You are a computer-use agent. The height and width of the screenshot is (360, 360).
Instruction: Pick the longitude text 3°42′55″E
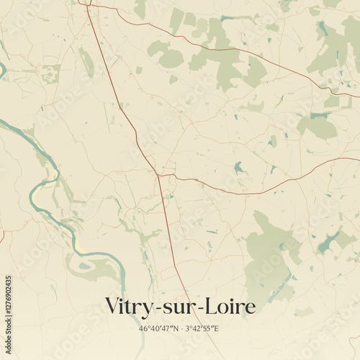pyautogui.click(x=202, y=329)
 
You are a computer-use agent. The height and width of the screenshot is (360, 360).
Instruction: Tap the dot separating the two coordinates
pyautogui.click(x=181, y=329)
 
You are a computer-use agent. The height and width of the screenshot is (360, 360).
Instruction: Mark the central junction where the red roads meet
pyautogui.click(x=158, y=175)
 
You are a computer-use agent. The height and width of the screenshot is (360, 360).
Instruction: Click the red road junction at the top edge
pyautogui.click(x=87, y=4)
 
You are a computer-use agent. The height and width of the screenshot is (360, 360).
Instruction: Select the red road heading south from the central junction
pyautogui.click(x=168, y=230)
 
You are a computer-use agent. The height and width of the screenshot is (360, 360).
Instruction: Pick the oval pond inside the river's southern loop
pyautogui.click(x=85, y=266)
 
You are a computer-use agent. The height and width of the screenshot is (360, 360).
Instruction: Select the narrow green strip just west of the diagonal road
pyautogui.click(x=87, y=63)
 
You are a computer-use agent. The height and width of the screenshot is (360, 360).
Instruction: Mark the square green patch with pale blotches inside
pyautogui.click(x=50, y=73)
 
